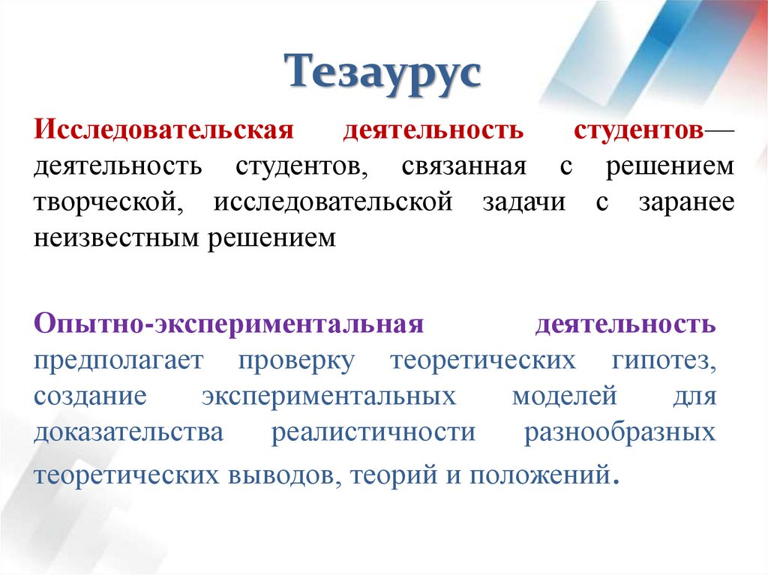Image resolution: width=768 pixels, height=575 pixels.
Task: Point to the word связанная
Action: pyautogui.click(x=463, y=166)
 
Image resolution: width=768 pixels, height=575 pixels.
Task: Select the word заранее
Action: pyautogui.click(x=685, y=202)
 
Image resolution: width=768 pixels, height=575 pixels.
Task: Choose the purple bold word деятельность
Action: pyautogui.click(x=625, y=326)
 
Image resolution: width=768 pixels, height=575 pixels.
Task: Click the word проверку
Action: pyautogui.click(x=296, y=362)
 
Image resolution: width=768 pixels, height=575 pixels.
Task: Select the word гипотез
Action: pyautogui.click(x=659, y=362)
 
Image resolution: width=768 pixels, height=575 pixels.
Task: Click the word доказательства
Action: pyautogui.click(x=127, y=433)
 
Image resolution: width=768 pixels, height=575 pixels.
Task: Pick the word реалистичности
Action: pyautogui.click(x=373, y=433)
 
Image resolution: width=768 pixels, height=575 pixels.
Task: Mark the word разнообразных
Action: pyautogui.click(x=619, y=433)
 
